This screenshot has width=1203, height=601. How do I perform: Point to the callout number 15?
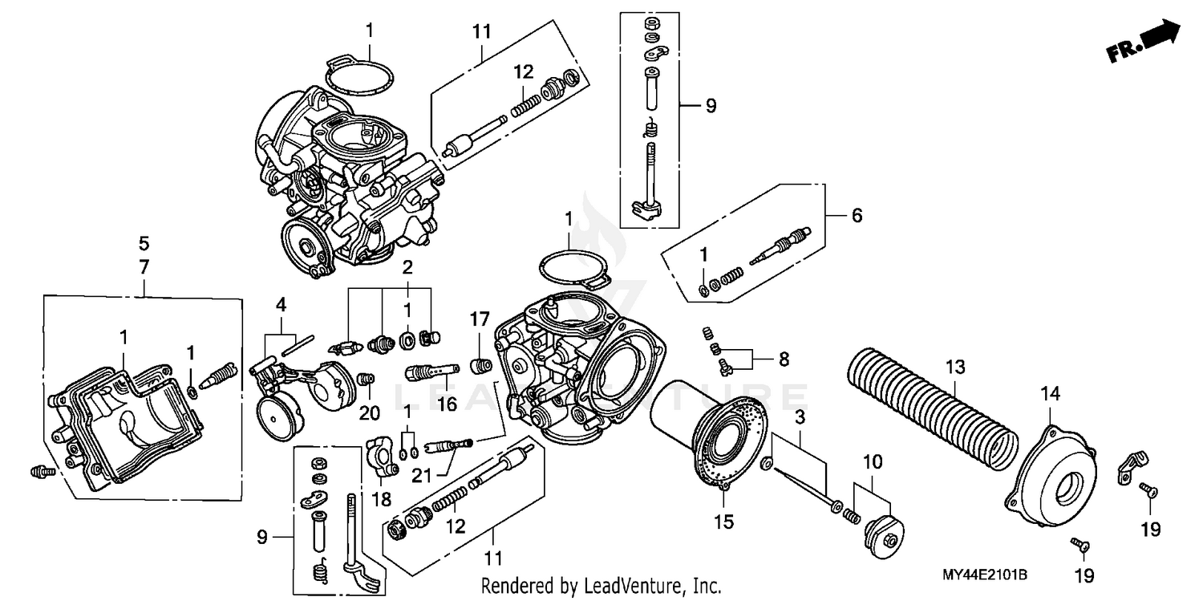pos(723,522)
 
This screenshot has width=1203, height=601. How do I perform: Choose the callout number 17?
pos(480,319)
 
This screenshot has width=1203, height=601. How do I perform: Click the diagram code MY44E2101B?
pos(985,575)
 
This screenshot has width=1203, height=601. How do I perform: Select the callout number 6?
pos(857,216)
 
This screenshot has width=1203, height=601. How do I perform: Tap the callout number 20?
pos(369,413)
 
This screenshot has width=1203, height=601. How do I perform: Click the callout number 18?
pos(381,499)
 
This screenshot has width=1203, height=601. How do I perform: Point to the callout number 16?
pos(447,404)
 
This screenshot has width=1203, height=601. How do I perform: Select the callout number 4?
pos(281,304)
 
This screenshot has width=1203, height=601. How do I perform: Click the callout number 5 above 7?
pos(144,243)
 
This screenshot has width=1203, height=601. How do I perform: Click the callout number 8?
pos(783,359)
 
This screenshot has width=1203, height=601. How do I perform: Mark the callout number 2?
pos(407,266)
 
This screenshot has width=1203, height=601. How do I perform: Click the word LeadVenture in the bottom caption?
pos(634,586)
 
